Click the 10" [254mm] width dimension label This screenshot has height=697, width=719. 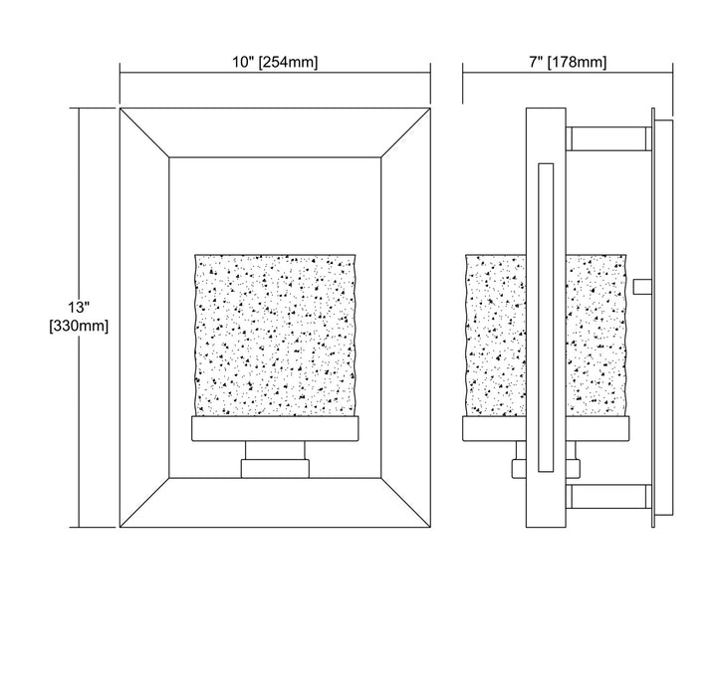(x=275, y=62)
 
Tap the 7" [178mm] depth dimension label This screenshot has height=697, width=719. (x=568, y=62)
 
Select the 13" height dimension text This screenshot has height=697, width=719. (x=79, y=307)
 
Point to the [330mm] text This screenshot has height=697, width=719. (x=79, y=326)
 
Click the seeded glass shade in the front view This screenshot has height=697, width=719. (x=275, y=335)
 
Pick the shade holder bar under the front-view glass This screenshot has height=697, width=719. (x=275, y=429)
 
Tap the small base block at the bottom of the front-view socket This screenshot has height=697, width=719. (x=275, y=469)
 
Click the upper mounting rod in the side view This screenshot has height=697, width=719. (x=608, y=138)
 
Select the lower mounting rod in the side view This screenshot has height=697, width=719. (x=608, y=497)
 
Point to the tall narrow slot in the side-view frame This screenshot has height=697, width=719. (x=546, y=318)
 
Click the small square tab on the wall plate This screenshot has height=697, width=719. (x=642, y=287)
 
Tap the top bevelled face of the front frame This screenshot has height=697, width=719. (x=275, y=133)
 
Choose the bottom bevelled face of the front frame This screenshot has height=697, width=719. (x=275, y=503)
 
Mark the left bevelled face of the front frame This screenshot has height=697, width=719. (x=145, y=318)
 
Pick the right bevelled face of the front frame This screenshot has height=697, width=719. (x=405, y=318)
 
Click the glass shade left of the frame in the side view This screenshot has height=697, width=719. (x=496, y=336)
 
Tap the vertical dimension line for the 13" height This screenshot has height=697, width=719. (x=80, y=318)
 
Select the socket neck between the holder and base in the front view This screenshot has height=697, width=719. (x=275, y=451)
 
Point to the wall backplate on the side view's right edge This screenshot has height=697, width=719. (x=663, y=318)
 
